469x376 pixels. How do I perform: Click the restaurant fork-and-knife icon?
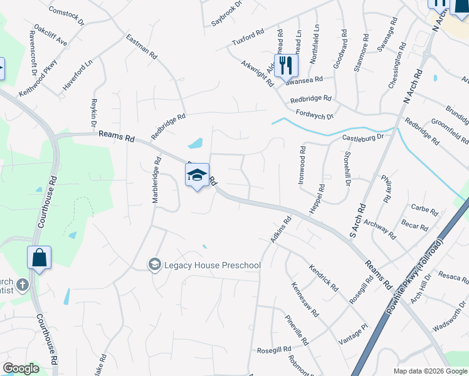286,65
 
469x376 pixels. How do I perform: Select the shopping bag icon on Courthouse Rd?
39,258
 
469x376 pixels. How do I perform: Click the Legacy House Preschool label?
212,265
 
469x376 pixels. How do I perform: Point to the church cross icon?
22,285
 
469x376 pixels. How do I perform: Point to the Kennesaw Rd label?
305,299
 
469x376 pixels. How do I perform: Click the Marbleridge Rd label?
156,183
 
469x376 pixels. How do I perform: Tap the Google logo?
21,368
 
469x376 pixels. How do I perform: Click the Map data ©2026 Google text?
429,371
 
